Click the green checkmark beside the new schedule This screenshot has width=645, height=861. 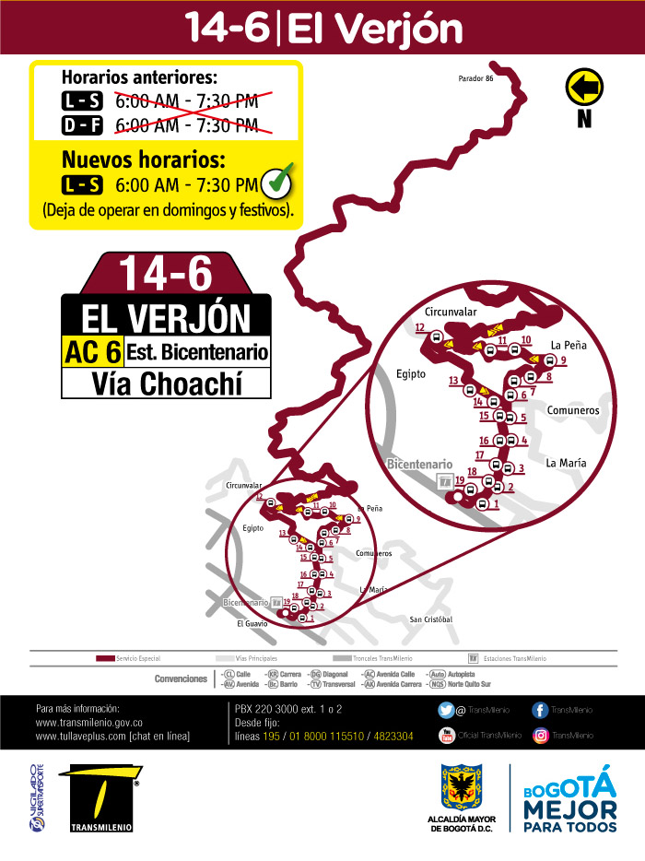point(278,183)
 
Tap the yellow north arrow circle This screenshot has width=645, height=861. point(583,88)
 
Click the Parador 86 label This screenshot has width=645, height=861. point(476,78)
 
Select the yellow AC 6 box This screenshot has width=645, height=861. point(92,351)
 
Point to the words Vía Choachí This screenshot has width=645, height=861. point(166,383)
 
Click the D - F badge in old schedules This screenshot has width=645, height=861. point(82,124)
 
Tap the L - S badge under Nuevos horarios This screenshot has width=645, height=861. point(82,185)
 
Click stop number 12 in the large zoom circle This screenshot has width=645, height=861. point(420,327)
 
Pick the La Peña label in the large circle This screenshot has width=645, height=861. point(569,345)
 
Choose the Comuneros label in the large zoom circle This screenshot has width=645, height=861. point(573,409)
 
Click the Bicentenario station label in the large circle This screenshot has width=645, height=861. point(419,464)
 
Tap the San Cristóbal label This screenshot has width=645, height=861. point(431,619)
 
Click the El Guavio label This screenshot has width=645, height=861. point(252,623)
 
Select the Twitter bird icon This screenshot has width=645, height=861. point(446,710)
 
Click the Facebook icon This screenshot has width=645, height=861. point(541,710)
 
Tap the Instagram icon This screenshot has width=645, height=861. point(541,735)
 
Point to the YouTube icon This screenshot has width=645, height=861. point(446,735)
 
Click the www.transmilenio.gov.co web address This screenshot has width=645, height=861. point(88,723)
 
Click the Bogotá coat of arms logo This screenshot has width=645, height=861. point(463,787)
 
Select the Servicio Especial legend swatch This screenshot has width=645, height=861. point(105,658)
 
